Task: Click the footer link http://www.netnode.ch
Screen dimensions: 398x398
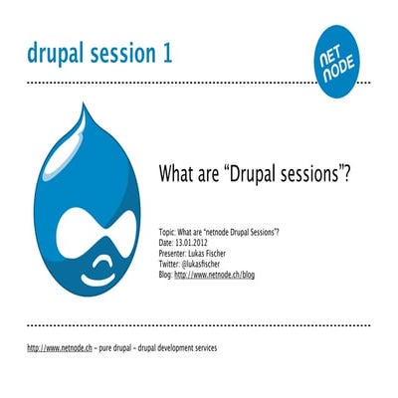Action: tap(60, 349)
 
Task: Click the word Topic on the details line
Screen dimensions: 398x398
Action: tap(168, 230)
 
